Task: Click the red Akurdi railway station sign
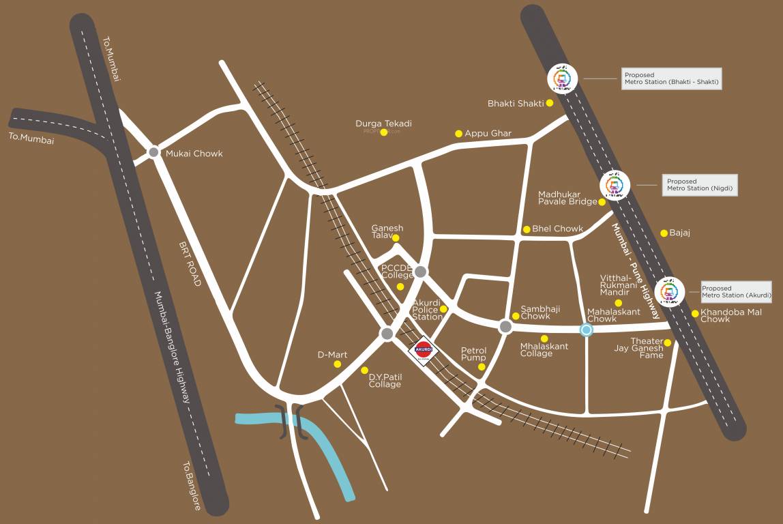pos(424,349)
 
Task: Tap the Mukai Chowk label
pos(194,154)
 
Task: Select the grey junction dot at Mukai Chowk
pos(154,153)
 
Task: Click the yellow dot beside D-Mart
pos(337,364)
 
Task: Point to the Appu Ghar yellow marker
pos(459,134)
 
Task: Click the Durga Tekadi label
pos(383,123)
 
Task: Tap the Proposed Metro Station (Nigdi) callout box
pos(700,185)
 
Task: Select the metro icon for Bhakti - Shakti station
pos(563,78)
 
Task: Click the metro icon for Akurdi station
pos(669,292)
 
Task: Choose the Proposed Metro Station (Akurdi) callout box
pos(736,292)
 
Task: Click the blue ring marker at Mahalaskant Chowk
pos(586,330)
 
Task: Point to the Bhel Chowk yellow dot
pos(527,229)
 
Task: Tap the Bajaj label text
pos(679,233)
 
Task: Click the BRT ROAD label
pos(190,263)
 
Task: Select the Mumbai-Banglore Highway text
pos(171,348)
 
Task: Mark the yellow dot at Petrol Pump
pos(482,367)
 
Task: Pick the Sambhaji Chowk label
pos(535,312)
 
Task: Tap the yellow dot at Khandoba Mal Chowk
pos(695,314)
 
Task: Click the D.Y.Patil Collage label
pos(385,381)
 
